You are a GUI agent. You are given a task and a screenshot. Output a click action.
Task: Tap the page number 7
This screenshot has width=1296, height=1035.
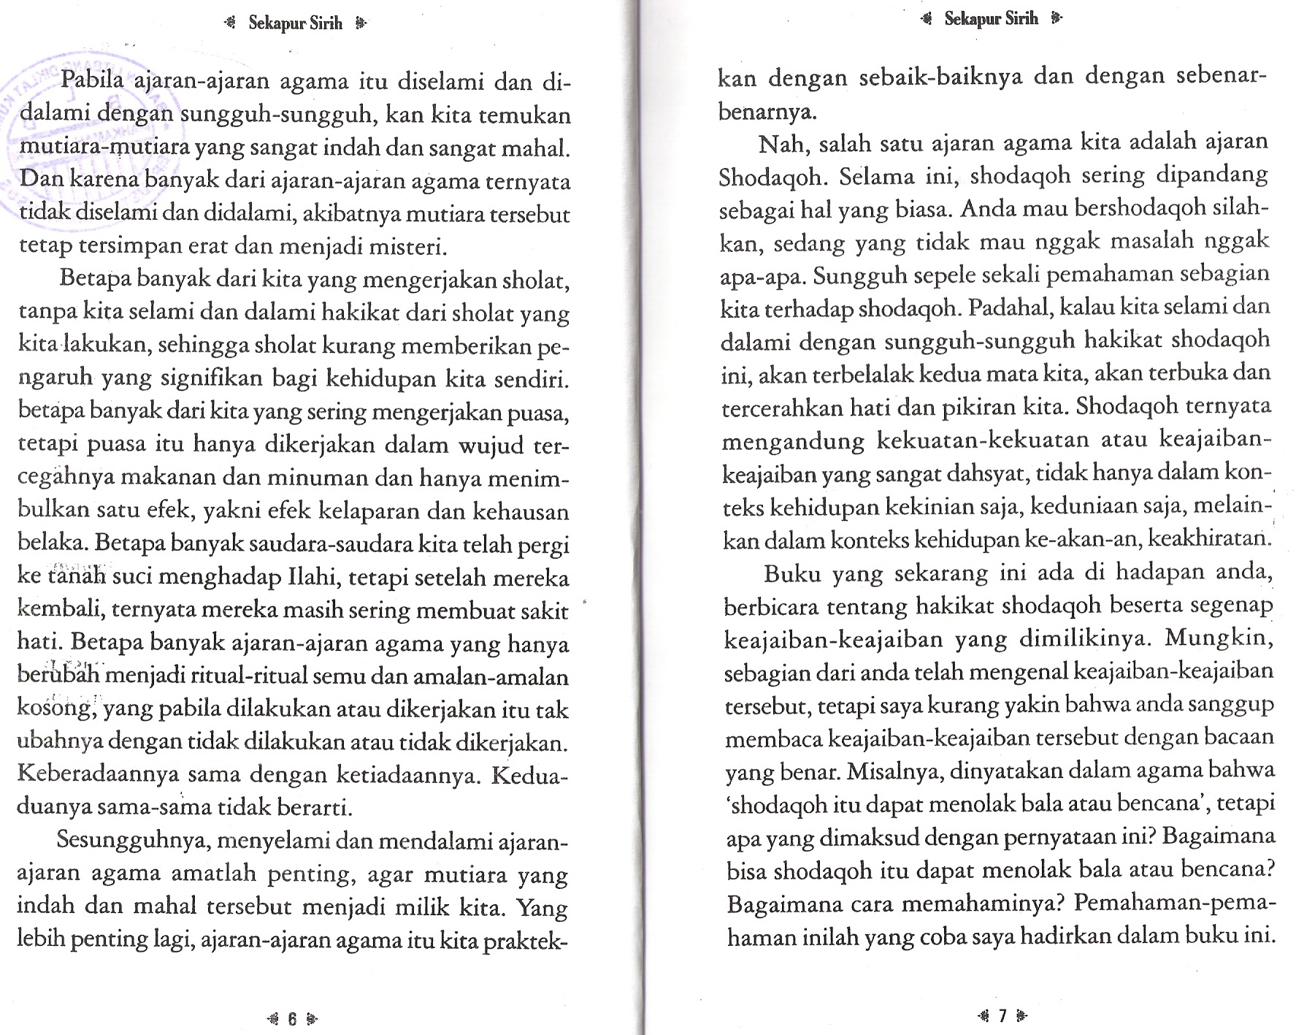point(1002,1015)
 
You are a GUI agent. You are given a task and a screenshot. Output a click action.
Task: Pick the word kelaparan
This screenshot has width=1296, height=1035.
point(373,511)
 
